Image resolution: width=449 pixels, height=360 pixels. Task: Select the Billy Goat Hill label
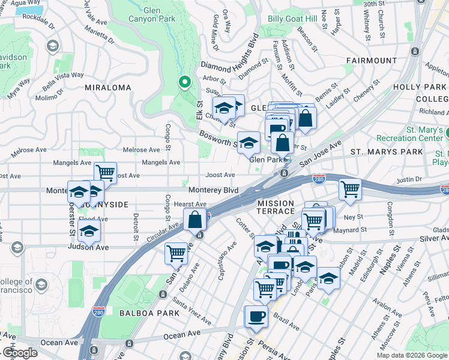[x=292, y=19]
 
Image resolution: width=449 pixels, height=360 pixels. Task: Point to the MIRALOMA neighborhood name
[x=107, y=88]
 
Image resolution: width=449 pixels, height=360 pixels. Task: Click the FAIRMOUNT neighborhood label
[x=372, y=61]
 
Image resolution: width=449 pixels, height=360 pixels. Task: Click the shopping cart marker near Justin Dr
[x=350, y=189]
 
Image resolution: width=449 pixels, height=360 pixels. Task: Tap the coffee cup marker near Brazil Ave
[x=257, y=317]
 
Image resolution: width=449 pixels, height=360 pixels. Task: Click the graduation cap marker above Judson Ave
[x=89, y=230]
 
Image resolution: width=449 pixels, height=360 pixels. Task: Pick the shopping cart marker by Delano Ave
[x=176, y=253]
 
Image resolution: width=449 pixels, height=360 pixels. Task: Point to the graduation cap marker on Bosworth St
[x=249, y=143]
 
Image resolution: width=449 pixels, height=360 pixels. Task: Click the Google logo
[x=20, y=353]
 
